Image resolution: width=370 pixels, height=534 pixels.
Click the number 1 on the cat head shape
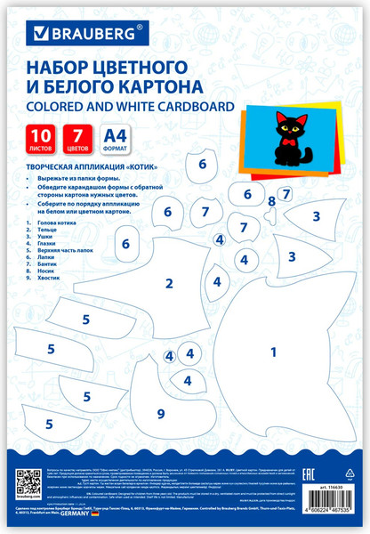pyautogui.click(x=274, y=350)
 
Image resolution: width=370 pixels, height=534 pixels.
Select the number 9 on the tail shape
pyautogui.click(x=160, y=413)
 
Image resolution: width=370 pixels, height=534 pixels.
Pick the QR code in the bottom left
pyautogui.click(x=30, y=489)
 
